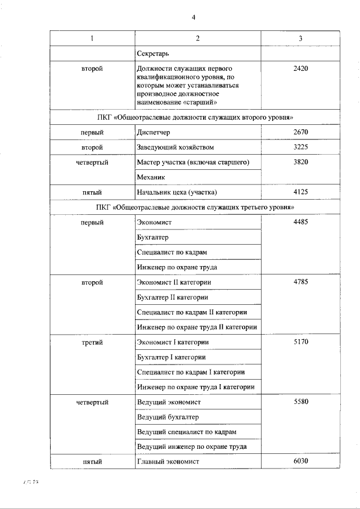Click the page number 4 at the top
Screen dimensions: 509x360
[193, 17]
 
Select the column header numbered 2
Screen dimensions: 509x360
[197, 38]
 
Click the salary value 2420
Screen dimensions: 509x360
[301, 69]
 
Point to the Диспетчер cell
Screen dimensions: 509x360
[153, 132]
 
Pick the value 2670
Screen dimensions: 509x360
[301, 132]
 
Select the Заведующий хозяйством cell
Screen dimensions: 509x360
[175, 147]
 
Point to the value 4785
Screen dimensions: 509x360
[301, 282]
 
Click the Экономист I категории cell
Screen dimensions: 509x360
[173, 342]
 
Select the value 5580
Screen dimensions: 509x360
[301, 402]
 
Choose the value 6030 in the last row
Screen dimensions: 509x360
[301, 462]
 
